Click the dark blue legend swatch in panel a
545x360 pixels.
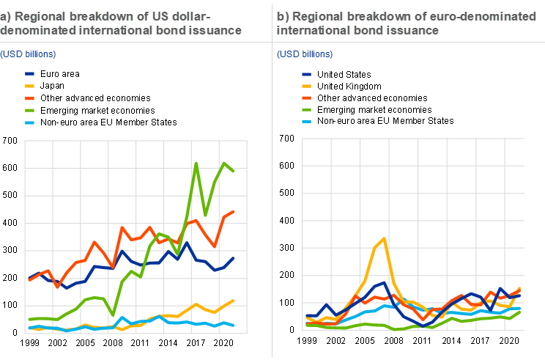tap(30, 74)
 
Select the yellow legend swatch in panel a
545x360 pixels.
tap(30, 86)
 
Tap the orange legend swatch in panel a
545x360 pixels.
tap(30, 98)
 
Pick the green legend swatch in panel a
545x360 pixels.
tap(30, 111)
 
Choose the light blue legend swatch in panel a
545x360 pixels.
tap(30, 122)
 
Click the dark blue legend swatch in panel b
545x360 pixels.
tap(307, 74)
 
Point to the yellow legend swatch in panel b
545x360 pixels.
tap(307, 86)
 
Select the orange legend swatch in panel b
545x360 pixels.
tap(307, 98)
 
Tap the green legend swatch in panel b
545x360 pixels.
tap(307, 110)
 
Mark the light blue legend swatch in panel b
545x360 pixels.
tap(307, 122)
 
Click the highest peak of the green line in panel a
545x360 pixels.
tap(196, 163)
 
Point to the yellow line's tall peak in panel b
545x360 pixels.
tap(384, 238)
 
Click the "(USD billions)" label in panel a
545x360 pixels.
tap(28, 55)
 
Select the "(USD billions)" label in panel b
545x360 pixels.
tap(305, 54)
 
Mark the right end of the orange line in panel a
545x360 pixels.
tap(234, 212)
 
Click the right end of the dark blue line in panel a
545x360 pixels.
tap(234, 257)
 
